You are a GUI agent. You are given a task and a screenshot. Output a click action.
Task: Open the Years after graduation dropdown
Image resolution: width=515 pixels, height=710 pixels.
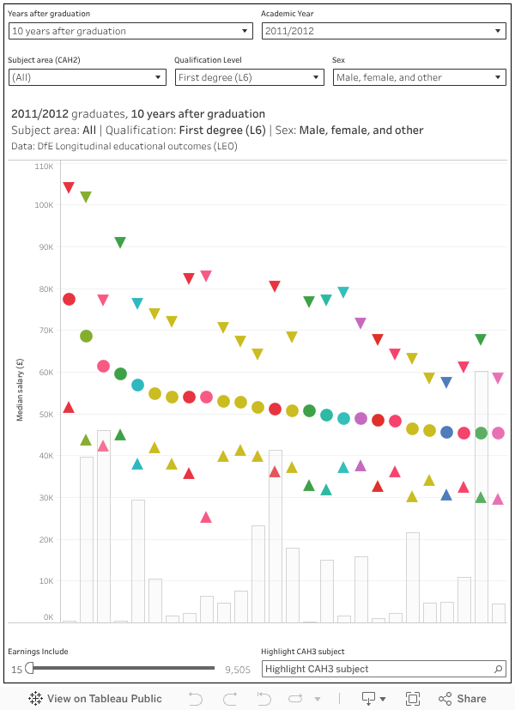click(x=129, y=31)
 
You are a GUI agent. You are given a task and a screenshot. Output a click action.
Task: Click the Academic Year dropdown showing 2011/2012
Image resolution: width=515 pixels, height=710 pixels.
click(x=383, y=31)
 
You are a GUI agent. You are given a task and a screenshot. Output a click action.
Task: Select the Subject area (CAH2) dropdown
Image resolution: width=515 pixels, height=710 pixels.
click(x=86, y=77)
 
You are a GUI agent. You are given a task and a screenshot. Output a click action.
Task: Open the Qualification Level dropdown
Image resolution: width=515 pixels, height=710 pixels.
click(x=248, y=77)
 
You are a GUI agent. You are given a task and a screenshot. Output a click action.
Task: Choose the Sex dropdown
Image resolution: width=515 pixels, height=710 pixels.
click(x=419, y=77)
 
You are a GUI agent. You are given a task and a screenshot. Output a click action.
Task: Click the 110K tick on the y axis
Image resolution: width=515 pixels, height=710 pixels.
click(x=44, y=165)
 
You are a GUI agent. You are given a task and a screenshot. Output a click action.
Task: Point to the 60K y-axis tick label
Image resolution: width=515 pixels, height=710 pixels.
click(x=44, y=373)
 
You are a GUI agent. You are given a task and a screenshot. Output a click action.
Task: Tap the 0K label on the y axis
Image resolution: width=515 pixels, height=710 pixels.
click(x=47, y=617)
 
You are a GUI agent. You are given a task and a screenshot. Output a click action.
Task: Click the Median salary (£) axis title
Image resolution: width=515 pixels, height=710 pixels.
click(x=20, y=389)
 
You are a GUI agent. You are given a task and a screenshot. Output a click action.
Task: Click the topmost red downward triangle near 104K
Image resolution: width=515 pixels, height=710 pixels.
click(x=69, y=187)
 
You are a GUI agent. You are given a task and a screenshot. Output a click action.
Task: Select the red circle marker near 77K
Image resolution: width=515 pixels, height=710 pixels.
click(x=69, y=299)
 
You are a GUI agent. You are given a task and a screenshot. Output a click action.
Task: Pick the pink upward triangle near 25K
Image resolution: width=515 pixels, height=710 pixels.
click(x=206, y=517)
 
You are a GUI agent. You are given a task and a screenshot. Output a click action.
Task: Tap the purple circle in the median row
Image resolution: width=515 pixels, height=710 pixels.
click(x=360, y=418)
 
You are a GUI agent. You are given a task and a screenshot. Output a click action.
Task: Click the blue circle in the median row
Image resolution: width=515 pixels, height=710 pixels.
click(x=446, y=432)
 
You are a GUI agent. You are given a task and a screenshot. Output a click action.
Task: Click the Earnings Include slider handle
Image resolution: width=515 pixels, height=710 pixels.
click(x=30, y=668)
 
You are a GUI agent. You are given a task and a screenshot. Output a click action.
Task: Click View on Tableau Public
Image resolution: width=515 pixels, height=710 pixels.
click(x=95, y=698)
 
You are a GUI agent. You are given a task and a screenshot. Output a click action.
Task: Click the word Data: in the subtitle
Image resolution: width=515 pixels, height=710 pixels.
click(x=22, y=146)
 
